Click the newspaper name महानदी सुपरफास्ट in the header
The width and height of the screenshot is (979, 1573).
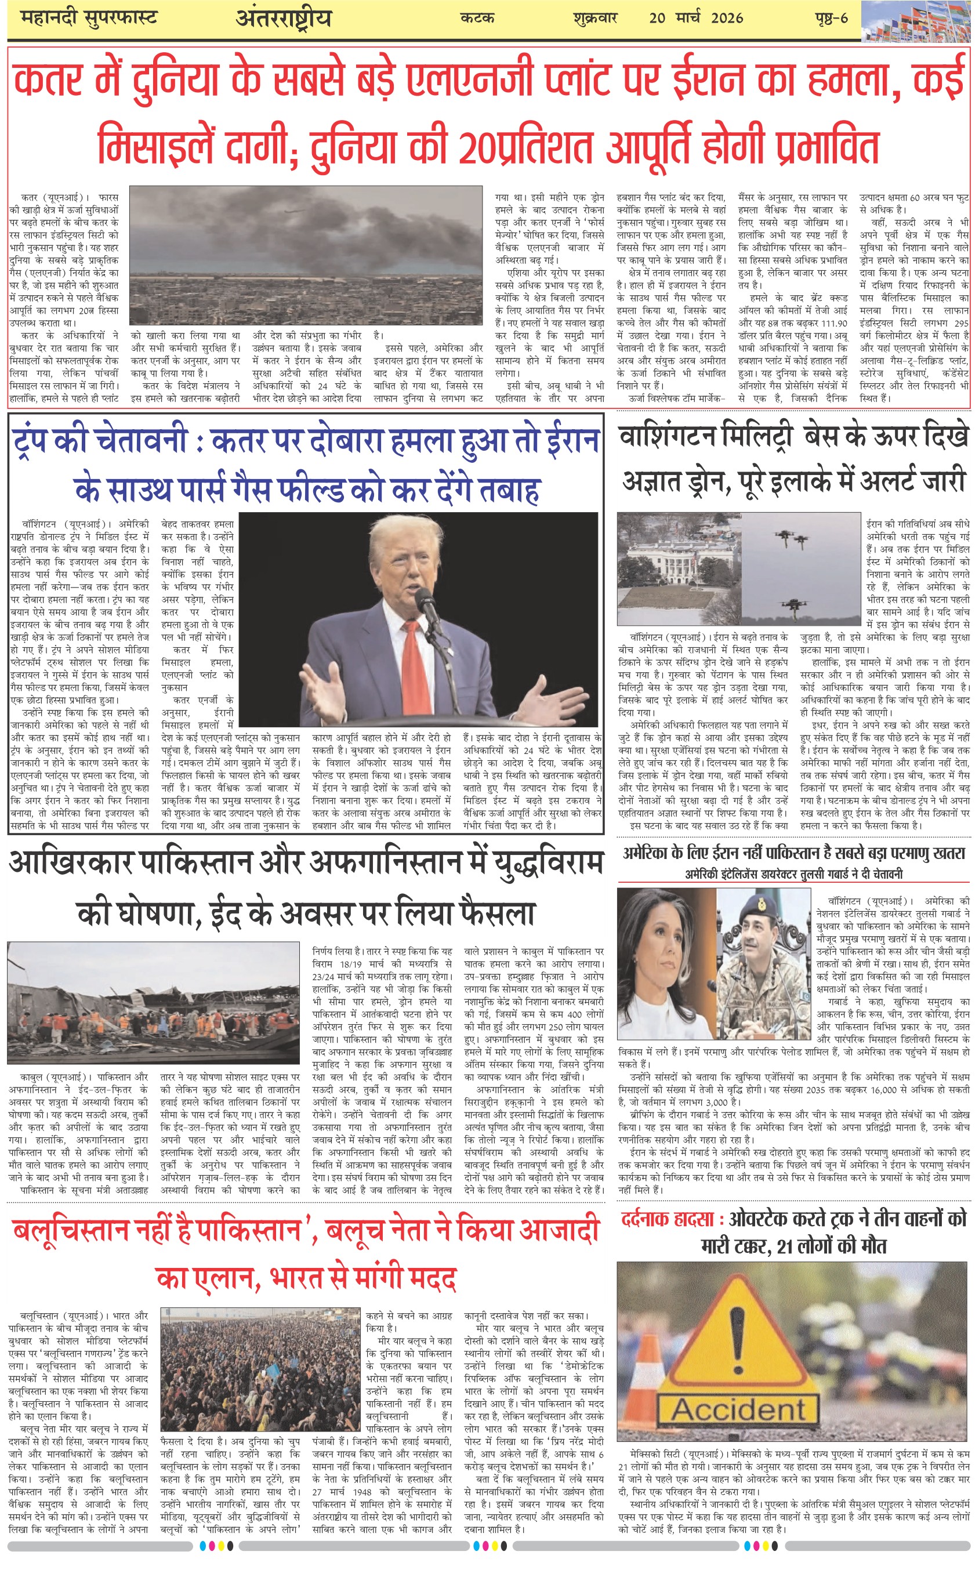click(89, 18)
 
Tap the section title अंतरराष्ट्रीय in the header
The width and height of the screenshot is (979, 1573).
click(284, 18)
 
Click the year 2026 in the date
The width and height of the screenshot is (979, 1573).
click(727, 18)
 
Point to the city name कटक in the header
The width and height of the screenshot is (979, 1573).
click(477, 18)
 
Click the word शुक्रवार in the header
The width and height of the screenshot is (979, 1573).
click(595, 18)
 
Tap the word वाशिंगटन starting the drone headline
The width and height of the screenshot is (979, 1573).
click(667, 436)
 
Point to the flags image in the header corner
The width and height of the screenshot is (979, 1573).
click(919, 21)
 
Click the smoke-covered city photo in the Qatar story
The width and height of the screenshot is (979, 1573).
click(306, 256)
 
